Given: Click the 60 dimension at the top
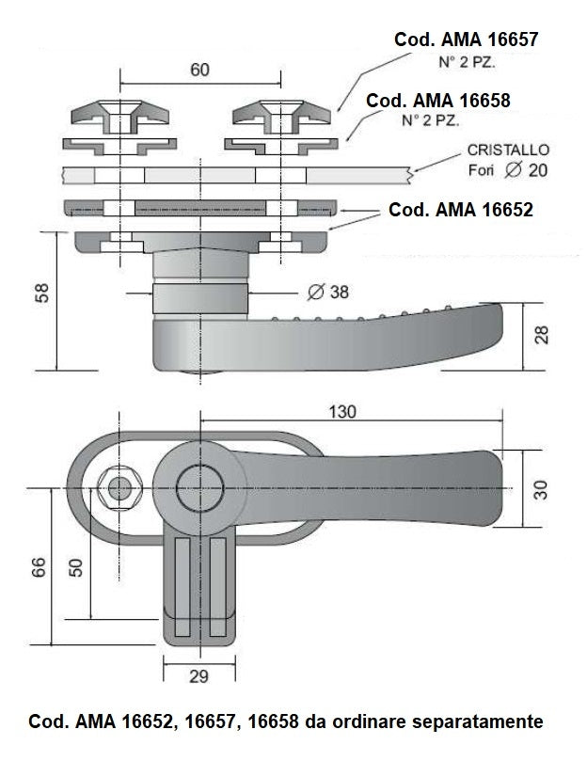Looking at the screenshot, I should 198,71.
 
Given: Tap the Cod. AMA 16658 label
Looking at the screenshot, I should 437,100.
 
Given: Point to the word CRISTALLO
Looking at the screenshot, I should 508,151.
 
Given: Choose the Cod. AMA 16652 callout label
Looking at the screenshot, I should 460,210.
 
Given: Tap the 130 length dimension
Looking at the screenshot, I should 344,412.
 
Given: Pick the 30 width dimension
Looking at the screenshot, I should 541,489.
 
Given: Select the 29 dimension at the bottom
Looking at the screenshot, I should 198,676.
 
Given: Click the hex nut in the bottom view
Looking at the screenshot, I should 119,487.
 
